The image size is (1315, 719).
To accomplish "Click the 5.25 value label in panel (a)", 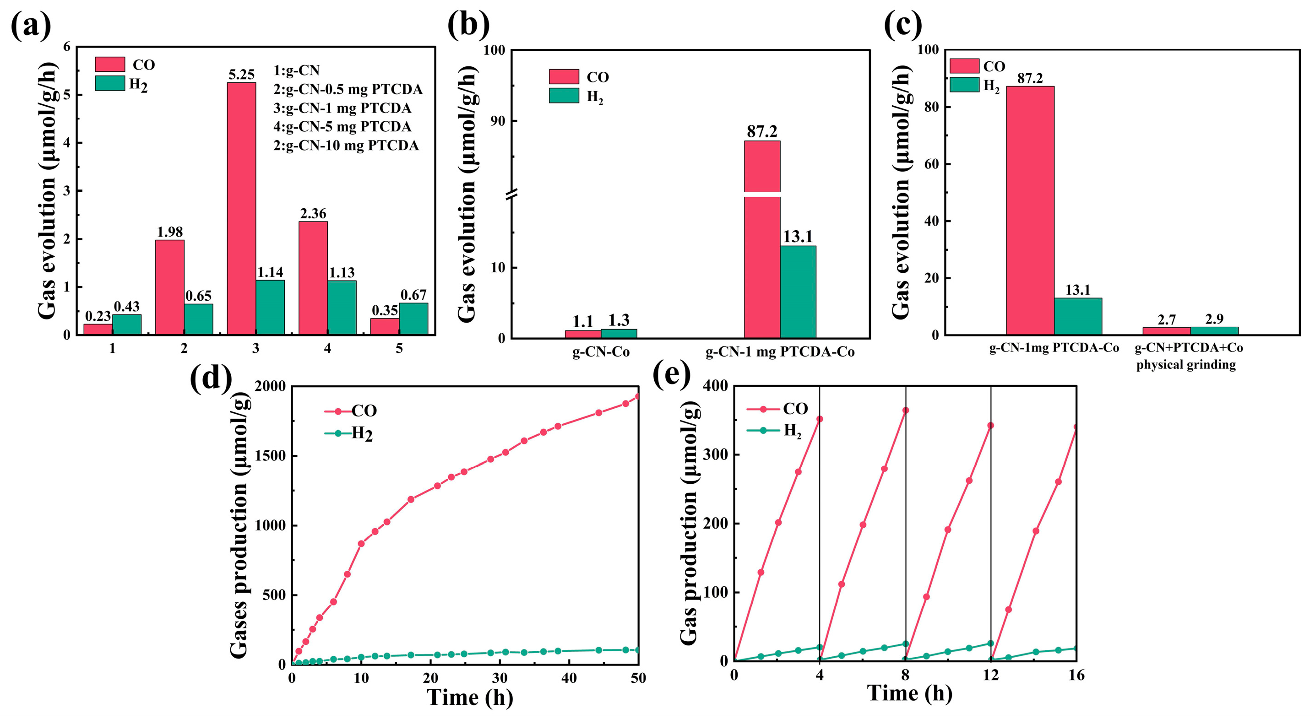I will pos(241,75).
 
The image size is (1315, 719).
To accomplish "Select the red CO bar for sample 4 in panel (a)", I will pos(313,278).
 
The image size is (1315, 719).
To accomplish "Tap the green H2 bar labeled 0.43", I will pos(126,324).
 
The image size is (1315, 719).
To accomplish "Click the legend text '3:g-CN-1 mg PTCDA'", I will pos(342,108).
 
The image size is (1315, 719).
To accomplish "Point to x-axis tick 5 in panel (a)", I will pos(399,349).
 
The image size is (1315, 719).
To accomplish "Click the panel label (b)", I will pos(468,25).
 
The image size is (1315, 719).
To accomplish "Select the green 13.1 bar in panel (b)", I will pos(798,292).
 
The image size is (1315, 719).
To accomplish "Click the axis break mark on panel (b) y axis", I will pos(512,194).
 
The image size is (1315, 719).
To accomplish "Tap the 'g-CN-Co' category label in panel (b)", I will pos(601,352).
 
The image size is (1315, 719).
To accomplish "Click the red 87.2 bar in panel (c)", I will pos(1030,210).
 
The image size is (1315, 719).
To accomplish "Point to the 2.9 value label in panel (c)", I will pos(1214,319).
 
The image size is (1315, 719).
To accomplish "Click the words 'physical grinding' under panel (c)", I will pos(1186,365).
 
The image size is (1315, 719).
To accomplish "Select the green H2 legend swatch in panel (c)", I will pos(964,85).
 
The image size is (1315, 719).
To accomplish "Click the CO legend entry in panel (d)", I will pos(351,411).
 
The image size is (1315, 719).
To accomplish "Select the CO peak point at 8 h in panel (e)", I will pos(905,410).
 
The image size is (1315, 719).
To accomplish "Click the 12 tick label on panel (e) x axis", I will pos(990,676).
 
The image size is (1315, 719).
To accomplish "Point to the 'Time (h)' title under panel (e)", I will pos(909,693).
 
